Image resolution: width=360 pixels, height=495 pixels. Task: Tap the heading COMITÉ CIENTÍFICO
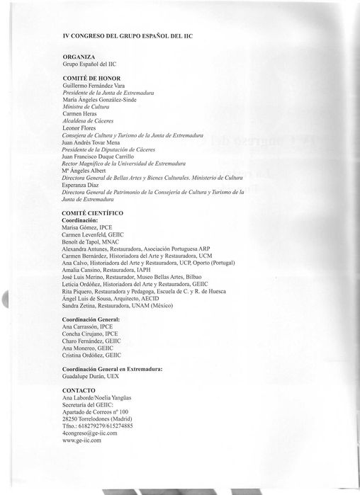click(x=94, y=212)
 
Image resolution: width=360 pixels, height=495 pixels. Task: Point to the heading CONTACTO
click(x=80, y=390)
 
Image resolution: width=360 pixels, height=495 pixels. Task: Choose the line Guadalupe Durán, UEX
click(x=94, y=377)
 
